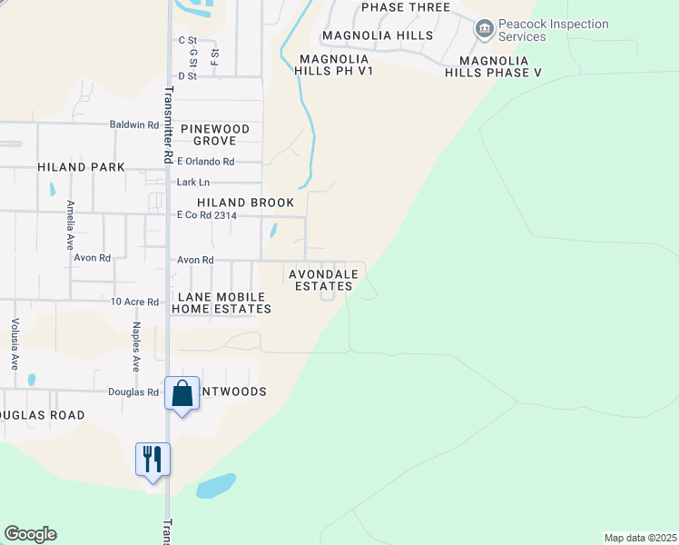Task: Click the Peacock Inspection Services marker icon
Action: pos(484,30)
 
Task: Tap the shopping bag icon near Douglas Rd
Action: pos(182,394)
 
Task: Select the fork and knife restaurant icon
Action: pos(153,459)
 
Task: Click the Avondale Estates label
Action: pos(323,280)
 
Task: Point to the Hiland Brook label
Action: pos(234,203)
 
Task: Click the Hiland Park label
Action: pos(82,167)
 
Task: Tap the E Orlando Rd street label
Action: pos(205,162)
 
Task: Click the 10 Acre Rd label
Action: pos(134,302)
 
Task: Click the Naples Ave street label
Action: pos(136,346)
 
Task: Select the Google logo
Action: pos(30,534)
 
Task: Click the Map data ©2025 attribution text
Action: pos(641,538)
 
